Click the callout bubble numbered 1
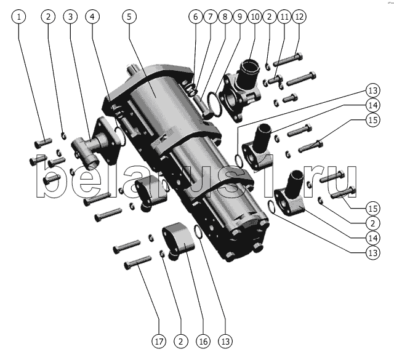[18, 17]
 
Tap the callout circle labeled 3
[70, 17]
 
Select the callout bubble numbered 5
[129, 17]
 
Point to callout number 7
[211, 17]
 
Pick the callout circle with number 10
[254, 17]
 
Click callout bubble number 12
[299, 17]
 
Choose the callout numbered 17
[159, 342]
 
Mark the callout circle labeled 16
[203, 342]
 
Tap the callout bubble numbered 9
[239, 17]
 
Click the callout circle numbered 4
[92, 17]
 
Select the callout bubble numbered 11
[284, 17]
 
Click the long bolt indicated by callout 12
[287, 60]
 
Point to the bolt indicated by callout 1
[43, 142]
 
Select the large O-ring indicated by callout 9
[214, 103]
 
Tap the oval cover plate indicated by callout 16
[179, 238]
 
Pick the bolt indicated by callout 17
[138, 262]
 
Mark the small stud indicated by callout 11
[275, 80]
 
